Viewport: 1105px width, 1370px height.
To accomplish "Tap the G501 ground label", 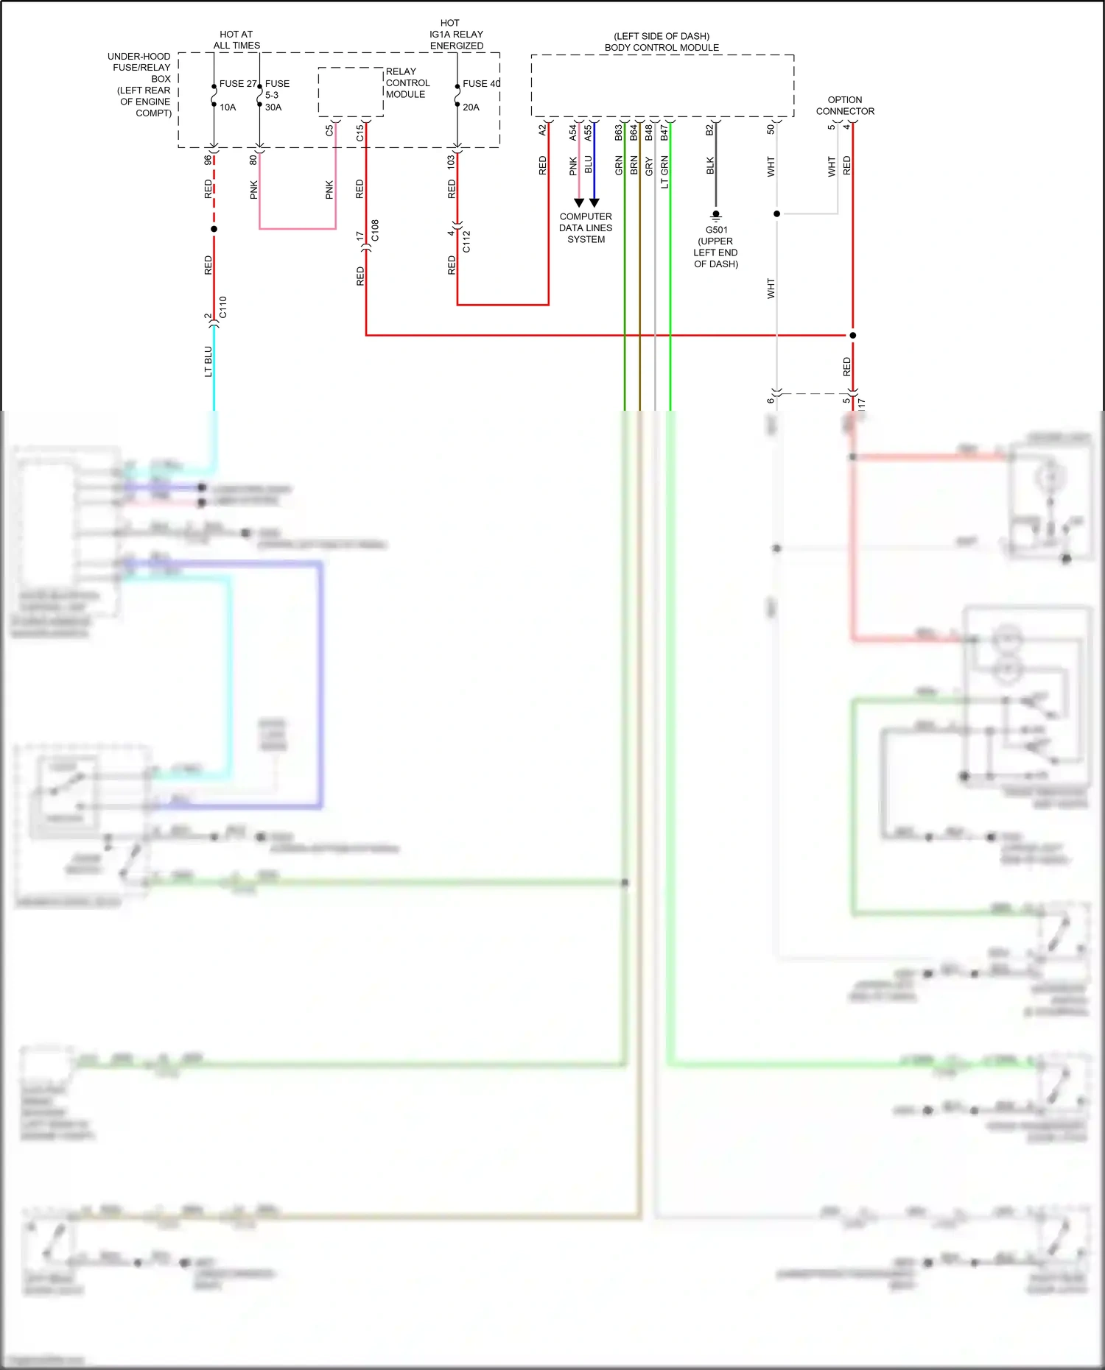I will tap(716, 230).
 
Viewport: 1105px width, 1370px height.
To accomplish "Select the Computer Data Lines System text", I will tap(586, 228).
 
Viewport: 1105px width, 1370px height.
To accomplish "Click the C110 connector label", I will tap(222, 308).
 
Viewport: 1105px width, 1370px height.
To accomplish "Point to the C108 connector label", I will tap(375, 230).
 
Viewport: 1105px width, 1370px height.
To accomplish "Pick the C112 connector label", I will tap(466, 241).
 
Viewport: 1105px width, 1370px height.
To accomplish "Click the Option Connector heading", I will tap(845, 105).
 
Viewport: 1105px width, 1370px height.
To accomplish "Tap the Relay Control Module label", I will tap(407, 82).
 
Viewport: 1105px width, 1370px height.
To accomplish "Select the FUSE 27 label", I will tap(238, 84).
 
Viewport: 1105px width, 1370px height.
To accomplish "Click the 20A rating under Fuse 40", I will tap(471, 107).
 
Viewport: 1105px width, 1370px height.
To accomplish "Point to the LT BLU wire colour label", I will tap(208, 361).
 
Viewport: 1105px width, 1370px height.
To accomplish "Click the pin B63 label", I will tap(619, 133).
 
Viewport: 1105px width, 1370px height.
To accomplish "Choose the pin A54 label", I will tap(573, 133).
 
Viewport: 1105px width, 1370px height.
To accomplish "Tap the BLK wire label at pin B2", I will tap(710, 166).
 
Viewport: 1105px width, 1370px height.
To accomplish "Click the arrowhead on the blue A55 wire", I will tap(594, 202).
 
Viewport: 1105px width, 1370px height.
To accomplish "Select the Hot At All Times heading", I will tap(236, 40).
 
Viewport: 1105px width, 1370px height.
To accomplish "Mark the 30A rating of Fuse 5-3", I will tap(273, 107).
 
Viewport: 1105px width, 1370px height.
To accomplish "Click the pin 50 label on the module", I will tap(771, 130).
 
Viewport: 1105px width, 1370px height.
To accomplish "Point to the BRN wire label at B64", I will tap(634, 166).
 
